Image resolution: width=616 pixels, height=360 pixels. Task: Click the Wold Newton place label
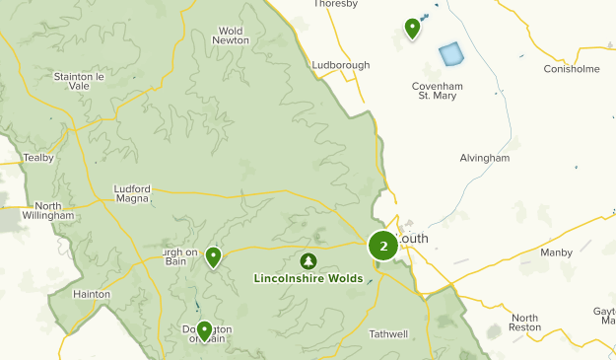pyautogui.click(x=230, y=36)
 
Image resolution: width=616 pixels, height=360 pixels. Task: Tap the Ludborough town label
pyautogui.click(x=341, y=65)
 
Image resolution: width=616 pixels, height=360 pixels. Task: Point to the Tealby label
pyautogui.click(x=38, y=158)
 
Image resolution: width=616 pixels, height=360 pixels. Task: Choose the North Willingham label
pyautogui.click(x=47, y=209)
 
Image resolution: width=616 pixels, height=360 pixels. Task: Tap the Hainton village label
pyautogui.click(x=92, y=294)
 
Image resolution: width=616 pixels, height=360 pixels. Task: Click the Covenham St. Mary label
pyautogui.click(x=437, y=91)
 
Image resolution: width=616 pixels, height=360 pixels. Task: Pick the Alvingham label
pyautogui.click(x=484, y=158)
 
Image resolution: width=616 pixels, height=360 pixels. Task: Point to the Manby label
pyautogui.click(x=556, y=252)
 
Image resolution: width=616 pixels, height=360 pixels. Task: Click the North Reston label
pyautogui.click(x=525, y=322)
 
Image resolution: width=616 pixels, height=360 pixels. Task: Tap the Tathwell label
pyautogui.click(x=388, y=334)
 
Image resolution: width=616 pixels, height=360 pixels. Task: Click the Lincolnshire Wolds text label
pyautogui.click(x=308, y=279)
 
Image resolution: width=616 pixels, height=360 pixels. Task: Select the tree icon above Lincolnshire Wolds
pyautogui.click(x=308, y=261)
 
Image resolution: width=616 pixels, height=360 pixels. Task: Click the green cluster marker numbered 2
pyautogui.click(x=382, y=247)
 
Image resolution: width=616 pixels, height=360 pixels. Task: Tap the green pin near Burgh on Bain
pyautogui.click(x=213, y=257)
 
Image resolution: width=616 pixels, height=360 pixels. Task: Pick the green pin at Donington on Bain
pyautogui.click(x=204, y=329)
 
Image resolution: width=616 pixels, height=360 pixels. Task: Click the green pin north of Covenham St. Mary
pyautogui.click(x=412, y=28)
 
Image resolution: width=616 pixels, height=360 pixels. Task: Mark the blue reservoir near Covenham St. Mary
pyautogui.click(x=450, y=53)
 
